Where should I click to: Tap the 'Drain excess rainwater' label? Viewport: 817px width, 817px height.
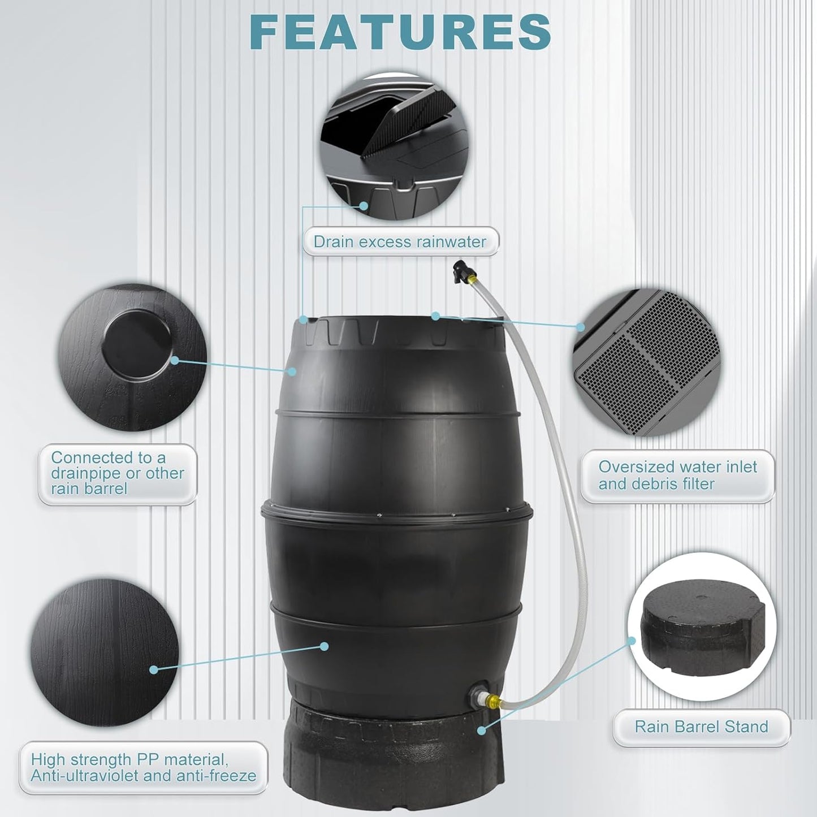400,242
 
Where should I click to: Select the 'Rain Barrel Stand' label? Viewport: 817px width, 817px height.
701,727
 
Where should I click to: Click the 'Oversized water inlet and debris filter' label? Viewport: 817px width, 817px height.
677,475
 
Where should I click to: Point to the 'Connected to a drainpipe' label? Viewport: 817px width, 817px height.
118,473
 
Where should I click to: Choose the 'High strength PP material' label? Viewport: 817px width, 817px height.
144,767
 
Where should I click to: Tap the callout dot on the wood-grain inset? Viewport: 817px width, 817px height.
154,669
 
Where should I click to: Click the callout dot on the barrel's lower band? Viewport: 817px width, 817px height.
324,646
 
